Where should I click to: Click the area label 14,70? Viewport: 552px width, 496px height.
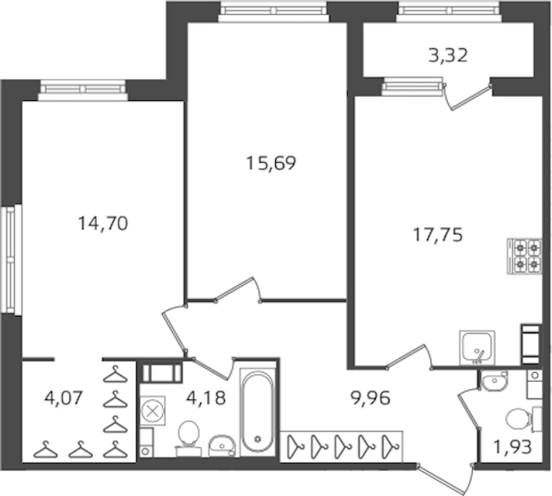(102, 223)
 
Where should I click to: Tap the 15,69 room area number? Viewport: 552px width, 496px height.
(271, 163)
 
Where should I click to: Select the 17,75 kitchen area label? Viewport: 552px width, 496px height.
(438, 235)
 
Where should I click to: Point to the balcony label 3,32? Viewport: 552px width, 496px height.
(448, 55)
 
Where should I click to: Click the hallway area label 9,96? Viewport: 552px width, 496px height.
(371, 398)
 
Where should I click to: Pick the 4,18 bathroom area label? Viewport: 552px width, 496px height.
(206, 398)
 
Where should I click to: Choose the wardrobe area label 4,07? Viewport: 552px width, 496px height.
(64, 398)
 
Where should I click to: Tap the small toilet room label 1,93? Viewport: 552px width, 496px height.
(512, 448)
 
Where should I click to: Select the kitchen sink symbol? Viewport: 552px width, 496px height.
(477, 348)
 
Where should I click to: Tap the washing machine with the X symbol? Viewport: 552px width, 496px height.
(152, 411)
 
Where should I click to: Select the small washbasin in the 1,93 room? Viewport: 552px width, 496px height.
(495, 380)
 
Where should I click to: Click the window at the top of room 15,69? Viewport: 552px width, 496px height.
(274, 12)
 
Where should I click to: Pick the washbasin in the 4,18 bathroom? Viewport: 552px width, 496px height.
(221, 446)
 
